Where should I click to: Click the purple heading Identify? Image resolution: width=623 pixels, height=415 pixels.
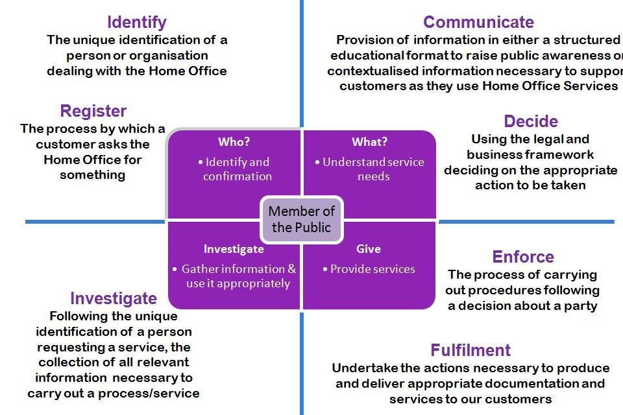pyautogui.click(x=136, y=23)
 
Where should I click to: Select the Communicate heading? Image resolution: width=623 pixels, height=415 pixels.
pyautogui.click(x=478, y=23)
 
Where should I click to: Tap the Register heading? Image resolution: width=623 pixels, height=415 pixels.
pyautogui.click(x=93, y=111)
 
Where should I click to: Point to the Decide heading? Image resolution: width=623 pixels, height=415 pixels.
pyautogui.click(x=531, y=121)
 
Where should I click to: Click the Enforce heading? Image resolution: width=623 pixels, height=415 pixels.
pyautogui.click(x=522, y=257)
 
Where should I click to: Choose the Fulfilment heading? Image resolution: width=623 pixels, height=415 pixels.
pyautogui.click(x=470, y=350)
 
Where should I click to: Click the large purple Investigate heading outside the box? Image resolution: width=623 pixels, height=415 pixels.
pyautogui.click(x=114, y=298)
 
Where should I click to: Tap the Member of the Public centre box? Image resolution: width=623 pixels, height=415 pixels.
pyautogui.click(x=301, y=219)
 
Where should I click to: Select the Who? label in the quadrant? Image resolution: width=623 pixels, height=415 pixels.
pyautogui.click(x=234, y=141)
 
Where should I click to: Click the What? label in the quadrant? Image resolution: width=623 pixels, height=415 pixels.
pyautogui.click(x=369, y=141)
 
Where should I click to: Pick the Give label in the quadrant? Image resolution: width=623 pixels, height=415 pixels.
pyautogui.click(x=368, y=249)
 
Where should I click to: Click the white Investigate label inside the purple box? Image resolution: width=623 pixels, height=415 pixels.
pyautogui.click(x=234, y=249)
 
